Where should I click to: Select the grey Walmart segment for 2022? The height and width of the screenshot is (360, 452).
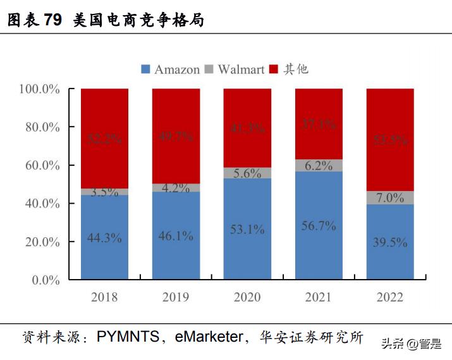tap(390, 198)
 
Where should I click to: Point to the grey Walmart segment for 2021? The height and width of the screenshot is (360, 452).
tap(319, 166)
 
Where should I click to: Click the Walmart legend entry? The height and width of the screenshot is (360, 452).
tap(234, 70)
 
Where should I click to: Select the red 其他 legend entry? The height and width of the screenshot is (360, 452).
tap(289, 70)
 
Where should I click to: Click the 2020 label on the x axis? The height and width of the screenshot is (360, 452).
tap(247, 297)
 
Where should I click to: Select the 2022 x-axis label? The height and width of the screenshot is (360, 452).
tap(390, 297)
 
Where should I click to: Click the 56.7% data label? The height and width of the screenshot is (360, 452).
tap(319, 226)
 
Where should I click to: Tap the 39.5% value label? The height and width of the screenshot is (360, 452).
tap(390, 243)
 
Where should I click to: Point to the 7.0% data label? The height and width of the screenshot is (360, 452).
tap(390, 198)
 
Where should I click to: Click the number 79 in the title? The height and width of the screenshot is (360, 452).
tap(53, 20)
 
